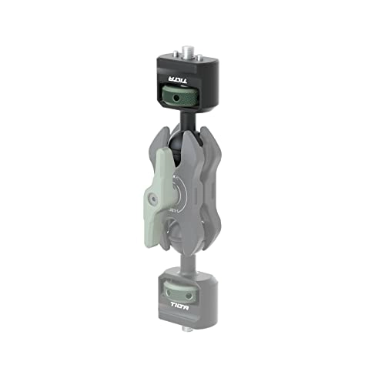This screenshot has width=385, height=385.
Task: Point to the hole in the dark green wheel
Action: (x=185, y=100)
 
